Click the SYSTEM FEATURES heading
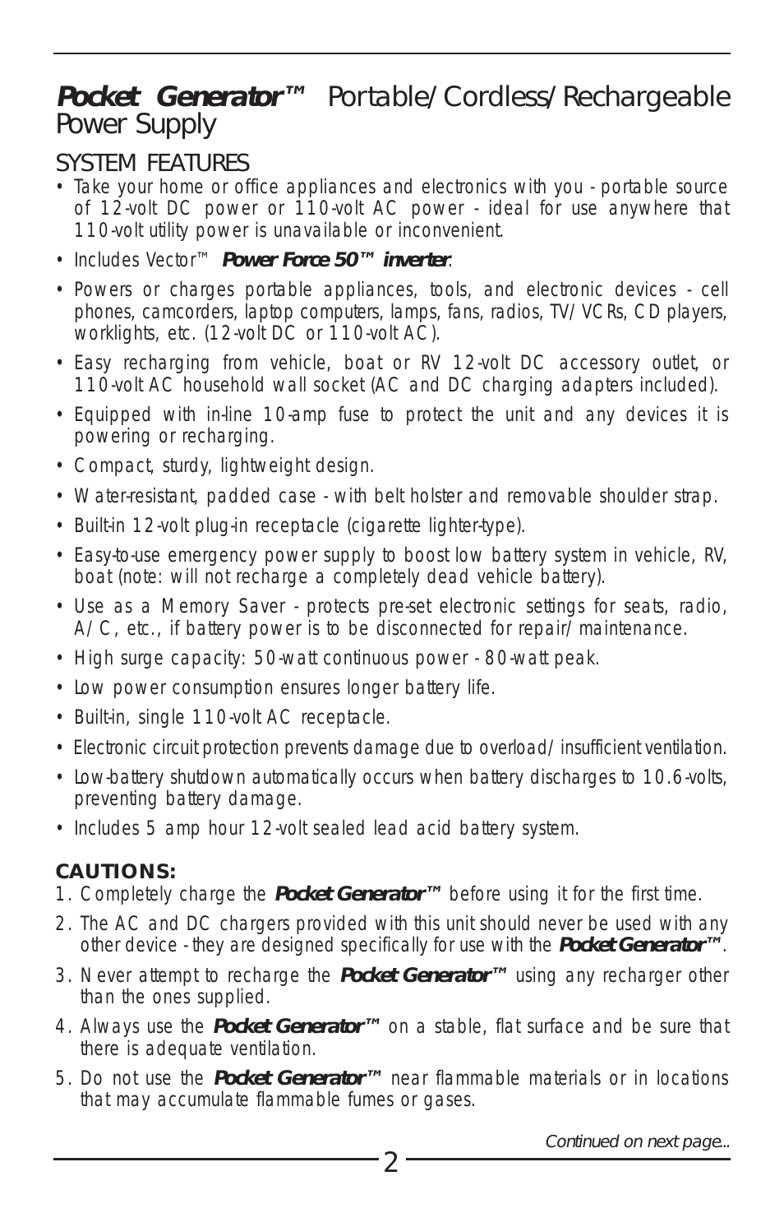pyautogui.click(x=152, y=162)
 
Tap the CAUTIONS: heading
pyautogui.click(x=116, y=872)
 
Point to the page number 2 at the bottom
pyautogui.click(x=390, y=1163)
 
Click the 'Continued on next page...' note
pyautogui.click(x=637, y=1141)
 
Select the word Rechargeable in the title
pyautogui.click(x=646, y=97)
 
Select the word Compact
pyautogui.click(x=112, y=466)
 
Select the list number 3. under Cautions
pyautogui.click(x=62, y=976)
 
